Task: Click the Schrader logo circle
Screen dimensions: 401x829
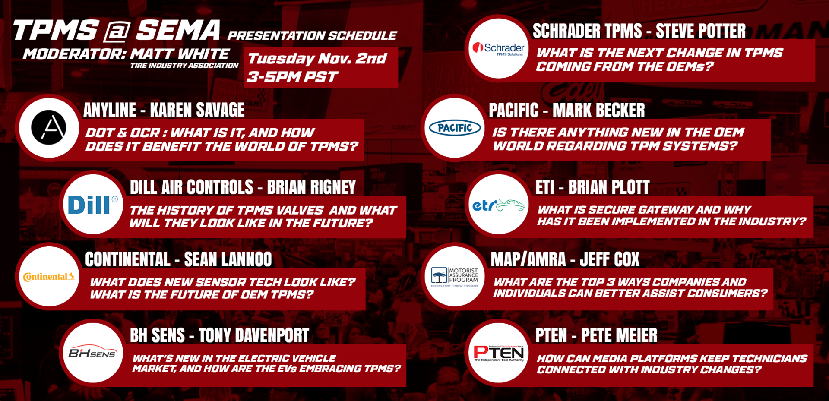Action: tap(498, 48)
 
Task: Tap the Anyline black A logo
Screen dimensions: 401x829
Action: tap(49, 128)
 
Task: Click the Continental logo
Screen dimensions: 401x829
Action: tap(49, 277)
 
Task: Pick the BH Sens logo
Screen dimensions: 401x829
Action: tap(92, 353)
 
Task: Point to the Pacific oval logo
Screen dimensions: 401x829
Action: tap(455, 128)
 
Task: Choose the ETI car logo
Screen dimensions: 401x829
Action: tap(498, 205)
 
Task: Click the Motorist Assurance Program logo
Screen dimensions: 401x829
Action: tap(455, 277)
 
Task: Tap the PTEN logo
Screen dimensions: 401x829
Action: tap(498, 353)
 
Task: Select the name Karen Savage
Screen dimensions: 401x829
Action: tap(197, 110)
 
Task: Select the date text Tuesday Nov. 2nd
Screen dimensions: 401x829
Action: tap(317, 58)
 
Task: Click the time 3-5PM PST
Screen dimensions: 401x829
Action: tap(292, 77)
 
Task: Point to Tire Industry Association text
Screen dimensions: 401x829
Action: tap(184, 66)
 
